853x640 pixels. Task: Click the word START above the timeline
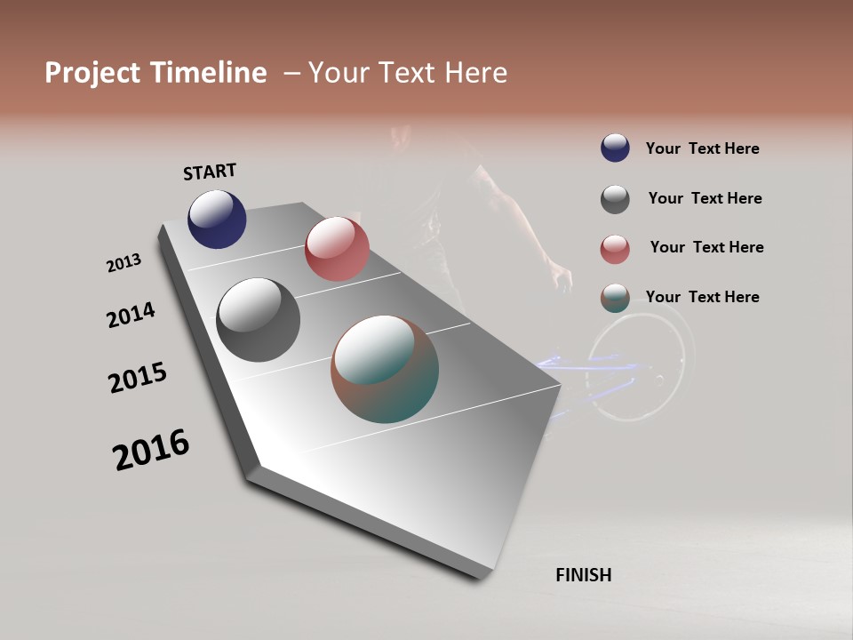(x=210, y=172)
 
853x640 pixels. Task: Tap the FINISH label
(x=584, y=575)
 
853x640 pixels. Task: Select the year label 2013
(x=124, y=263)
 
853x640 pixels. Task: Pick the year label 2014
(x=132, y=315)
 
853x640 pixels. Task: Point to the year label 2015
(x=138, y=378)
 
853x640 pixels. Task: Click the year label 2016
(x=151, y=450)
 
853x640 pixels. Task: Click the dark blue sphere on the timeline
(x=217, y=219)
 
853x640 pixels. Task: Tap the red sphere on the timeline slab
(x=337, y=249)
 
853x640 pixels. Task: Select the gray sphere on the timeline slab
(x=258, y=320)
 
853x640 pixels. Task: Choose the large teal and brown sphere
(x=385, y=369)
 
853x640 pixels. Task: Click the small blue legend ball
(x=615, y=148)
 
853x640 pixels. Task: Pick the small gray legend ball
(x=615, y=199)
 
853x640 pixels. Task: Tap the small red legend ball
(x=615, y=249)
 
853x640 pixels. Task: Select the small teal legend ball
(x=615, y=298)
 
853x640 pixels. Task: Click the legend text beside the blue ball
(x=702, y=148)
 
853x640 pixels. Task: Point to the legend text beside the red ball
(x=706, y=247)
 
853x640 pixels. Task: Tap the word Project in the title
(x=93, y=73)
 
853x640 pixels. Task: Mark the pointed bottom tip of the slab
(x=481, y=577)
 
